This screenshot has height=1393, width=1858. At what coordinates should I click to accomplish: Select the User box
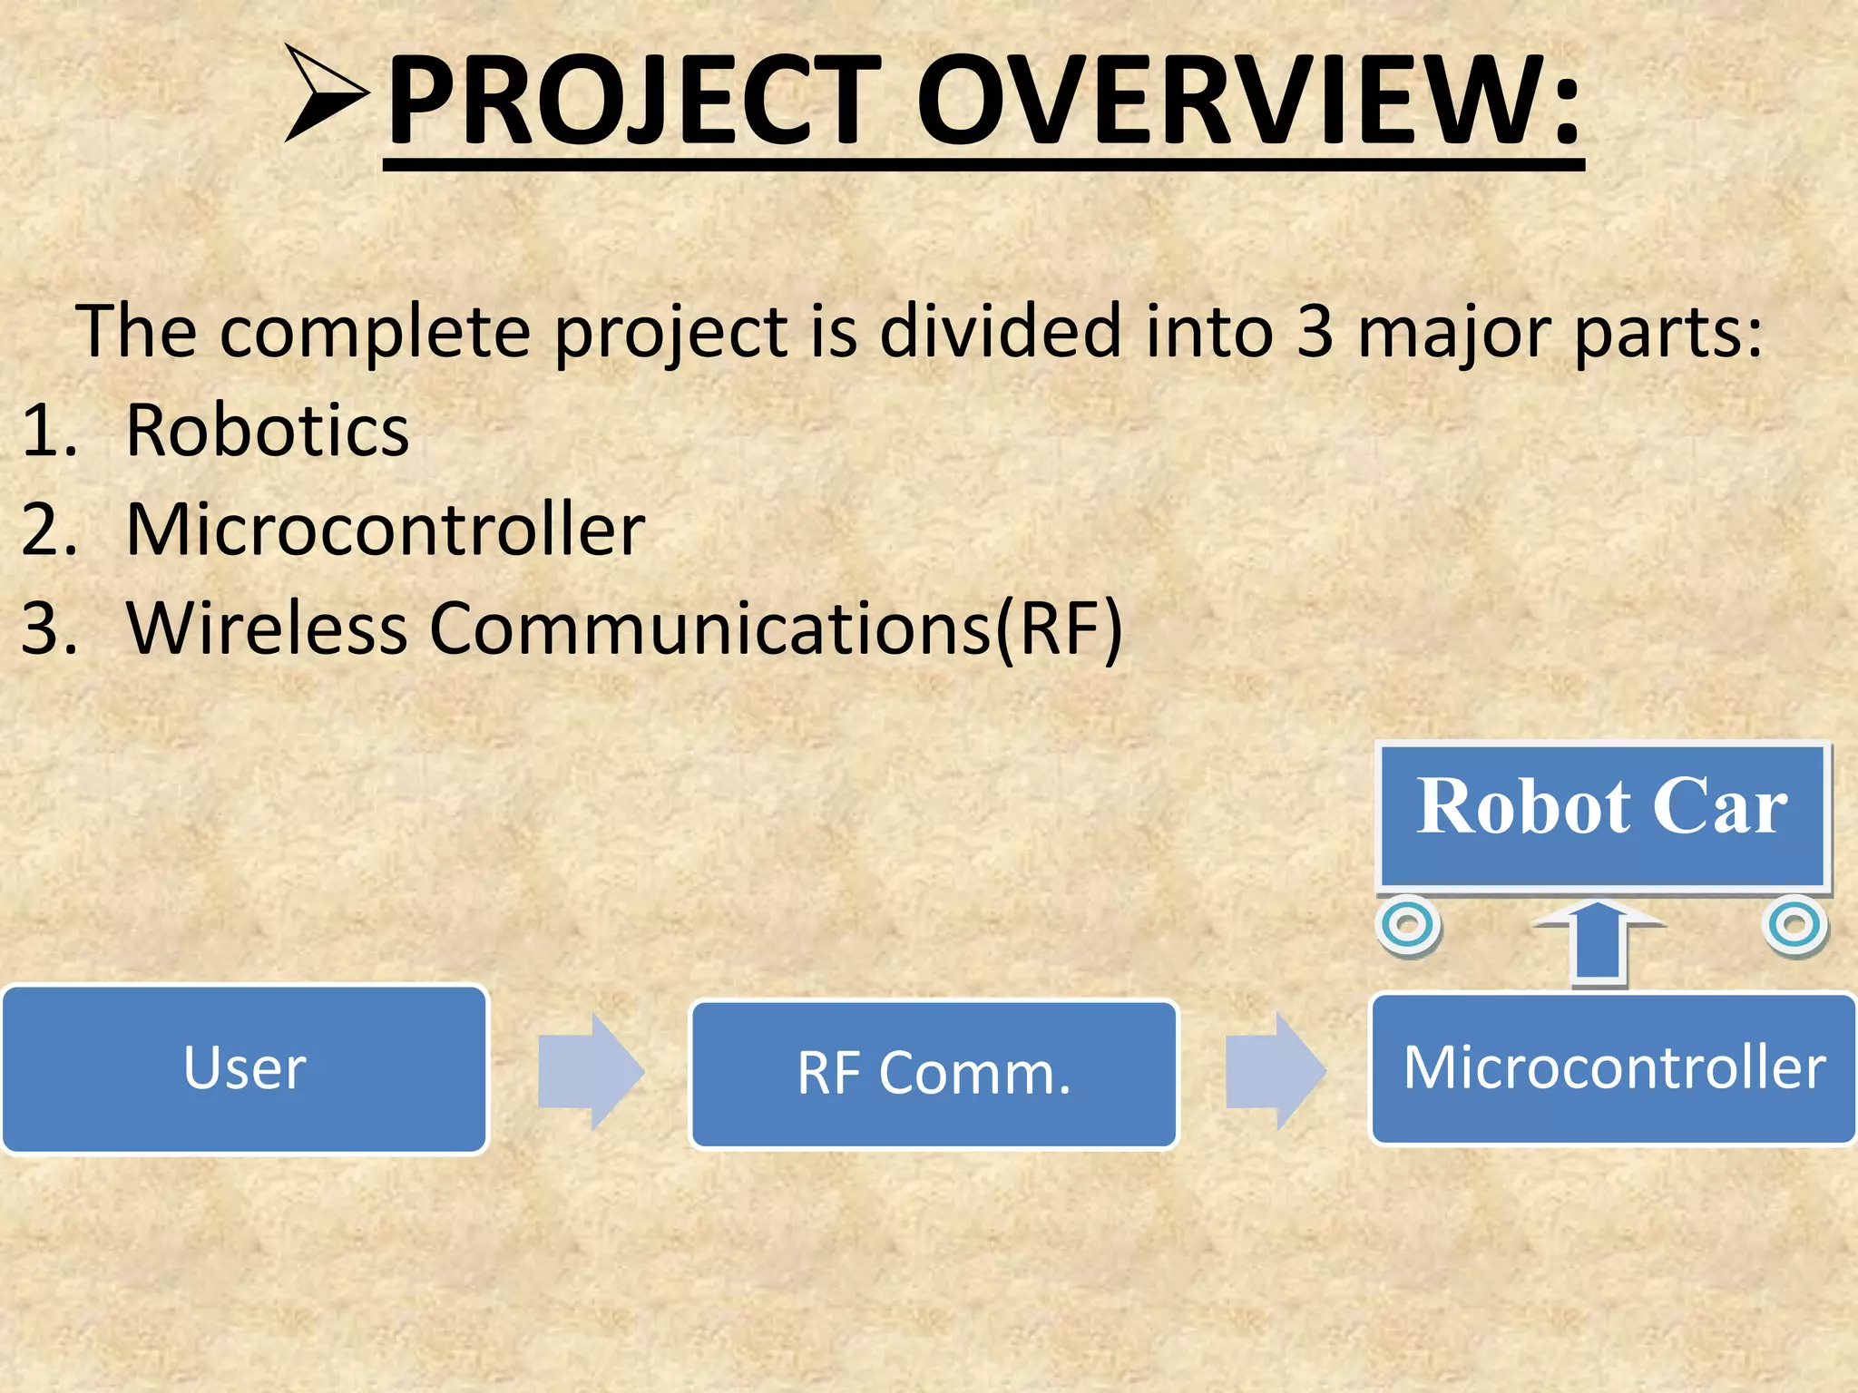(x=245, y=1068)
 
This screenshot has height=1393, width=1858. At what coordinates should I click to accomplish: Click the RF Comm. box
(x=934, y=1074)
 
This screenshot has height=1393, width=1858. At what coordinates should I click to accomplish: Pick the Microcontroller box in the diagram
(x=1613, y=1067)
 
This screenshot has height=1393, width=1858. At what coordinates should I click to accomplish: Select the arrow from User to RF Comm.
(x=591, y=1072)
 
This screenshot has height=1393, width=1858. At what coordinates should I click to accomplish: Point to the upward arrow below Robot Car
(x=1599, y=943)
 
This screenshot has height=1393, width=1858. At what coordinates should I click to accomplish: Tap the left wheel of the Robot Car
(x=1408, y=925)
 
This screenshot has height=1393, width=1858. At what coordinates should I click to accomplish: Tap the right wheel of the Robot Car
(x=1794, y=925)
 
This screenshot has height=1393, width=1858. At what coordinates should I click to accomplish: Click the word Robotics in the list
(x=267, y=430)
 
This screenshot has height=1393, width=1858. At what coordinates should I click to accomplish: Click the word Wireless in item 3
(x=267, y=628)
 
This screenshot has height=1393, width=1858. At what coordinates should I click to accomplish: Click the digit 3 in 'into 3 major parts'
(x=1315, y=331)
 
